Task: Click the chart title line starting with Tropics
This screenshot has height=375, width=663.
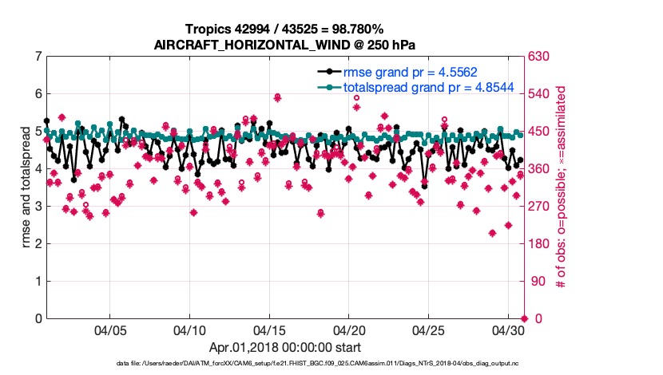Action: click(x=285, y=30)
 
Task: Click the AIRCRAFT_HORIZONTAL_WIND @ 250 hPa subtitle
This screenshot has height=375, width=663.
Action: click(x=285, y=45)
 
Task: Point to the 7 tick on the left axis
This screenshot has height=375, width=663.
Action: click(x=38, y=57)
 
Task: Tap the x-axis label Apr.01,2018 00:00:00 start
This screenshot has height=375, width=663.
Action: click(x=285, y=348)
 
